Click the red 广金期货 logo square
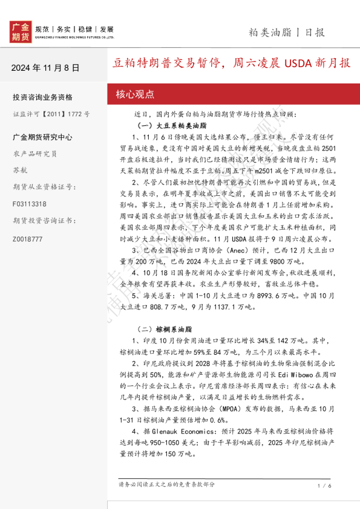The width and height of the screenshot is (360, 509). tap(21, 31)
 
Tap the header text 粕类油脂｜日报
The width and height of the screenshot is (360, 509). tap(287, 33)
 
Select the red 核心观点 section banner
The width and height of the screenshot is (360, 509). tap(136, 94)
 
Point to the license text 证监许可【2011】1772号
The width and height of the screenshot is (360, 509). tap(51, 114)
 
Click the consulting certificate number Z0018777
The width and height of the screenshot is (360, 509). tap(28, 239)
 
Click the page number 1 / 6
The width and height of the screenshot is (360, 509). tap(324, 485)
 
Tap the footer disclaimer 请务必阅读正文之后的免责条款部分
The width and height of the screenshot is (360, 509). tap(166, 485)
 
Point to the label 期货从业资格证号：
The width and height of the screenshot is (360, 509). tap(42, 187)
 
